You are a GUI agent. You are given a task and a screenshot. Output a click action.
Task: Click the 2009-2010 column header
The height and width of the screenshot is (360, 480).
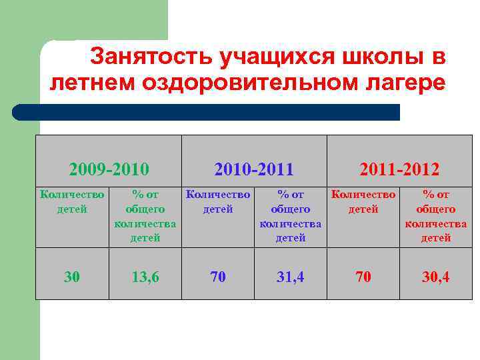(109, 169)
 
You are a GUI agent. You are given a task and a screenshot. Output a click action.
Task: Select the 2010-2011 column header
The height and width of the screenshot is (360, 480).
(254, 169)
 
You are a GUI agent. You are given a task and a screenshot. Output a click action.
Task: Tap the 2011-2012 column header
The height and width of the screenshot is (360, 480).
(399, 169)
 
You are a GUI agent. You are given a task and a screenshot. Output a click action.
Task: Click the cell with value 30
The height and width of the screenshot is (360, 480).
(72, 275)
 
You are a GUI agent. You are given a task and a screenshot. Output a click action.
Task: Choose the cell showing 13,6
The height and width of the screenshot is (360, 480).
(145, 275)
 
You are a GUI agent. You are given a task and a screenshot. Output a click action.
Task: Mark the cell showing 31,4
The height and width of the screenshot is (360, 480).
(290, 275)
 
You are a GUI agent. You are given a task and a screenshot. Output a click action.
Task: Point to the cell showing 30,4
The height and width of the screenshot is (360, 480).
(435, 275)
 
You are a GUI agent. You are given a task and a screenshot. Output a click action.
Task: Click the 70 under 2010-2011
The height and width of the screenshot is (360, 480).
(217, 275)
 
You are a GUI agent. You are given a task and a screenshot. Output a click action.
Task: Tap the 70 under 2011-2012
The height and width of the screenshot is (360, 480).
(363, 275)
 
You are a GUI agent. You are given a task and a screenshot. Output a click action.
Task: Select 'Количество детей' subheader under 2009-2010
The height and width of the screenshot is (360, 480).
(72, 202)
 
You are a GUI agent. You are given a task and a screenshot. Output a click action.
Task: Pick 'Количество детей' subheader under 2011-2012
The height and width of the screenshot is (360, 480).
(363, 202)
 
